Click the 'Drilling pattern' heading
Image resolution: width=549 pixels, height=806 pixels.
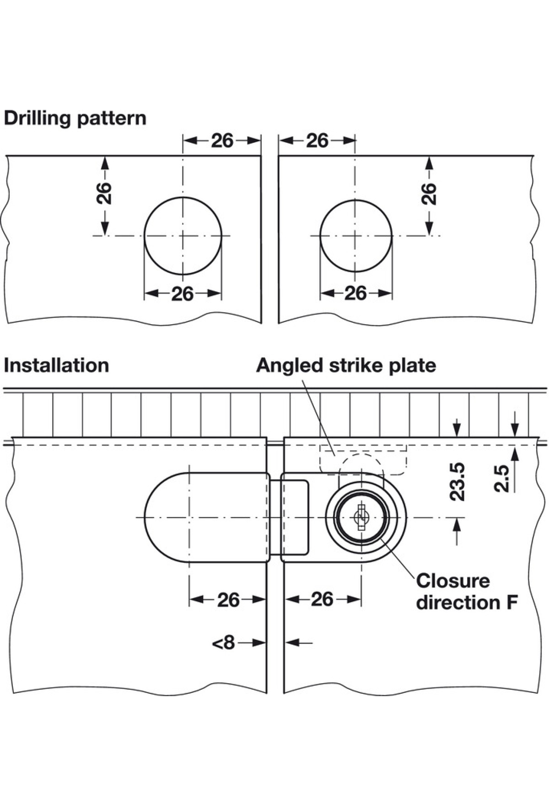(x=75, y=118)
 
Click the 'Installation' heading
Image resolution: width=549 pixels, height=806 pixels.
(x=56, y=365)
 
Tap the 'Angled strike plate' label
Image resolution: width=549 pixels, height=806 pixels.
(x=346, y=365)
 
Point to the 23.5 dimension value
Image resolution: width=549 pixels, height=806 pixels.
(x=457, y=481)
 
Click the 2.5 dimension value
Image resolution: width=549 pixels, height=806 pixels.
(x=501, y=478)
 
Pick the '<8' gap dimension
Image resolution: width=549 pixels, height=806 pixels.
(x=224, y=643)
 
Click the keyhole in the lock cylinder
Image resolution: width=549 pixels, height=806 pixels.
(x=361, y=517)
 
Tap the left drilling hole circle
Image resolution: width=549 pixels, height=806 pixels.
(x=183, y=236)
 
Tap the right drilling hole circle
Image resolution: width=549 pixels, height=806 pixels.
(x=355, y=236)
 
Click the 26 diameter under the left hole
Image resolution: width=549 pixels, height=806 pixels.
(x=183, y=294)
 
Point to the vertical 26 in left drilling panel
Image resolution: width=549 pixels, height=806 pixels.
(x=104, y=193)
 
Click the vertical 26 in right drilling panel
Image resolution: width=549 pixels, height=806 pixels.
(x=429, y=193)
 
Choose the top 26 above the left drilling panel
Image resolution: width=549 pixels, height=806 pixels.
(x=222, y=141)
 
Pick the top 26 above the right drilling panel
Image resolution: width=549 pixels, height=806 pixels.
(x=318, y=141)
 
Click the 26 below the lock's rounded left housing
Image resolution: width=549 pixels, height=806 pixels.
(x=228, y=599)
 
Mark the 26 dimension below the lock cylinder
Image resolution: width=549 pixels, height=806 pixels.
(x=322, y=599)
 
